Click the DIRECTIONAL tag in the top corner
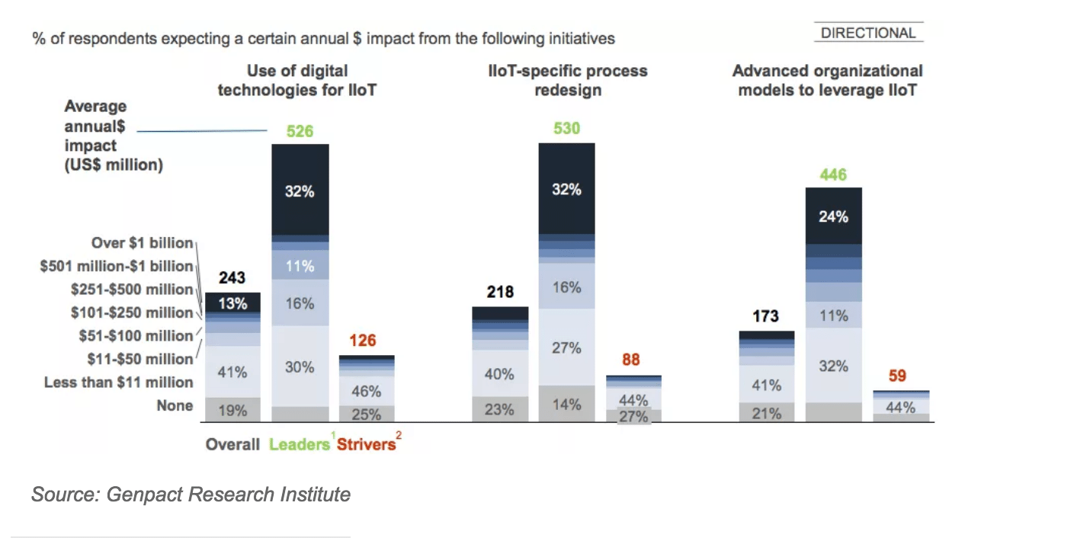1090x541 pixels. point(868,33)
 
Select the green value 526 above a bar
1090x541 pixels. point(300,131)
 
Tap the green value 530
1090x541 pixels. point(566,129)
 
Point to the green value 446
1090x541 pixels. point(833,175)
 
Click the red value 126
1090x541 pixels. point(363,341)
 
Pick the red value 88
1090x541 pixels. point(630,360)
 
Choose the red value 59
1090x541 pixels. point(897,376)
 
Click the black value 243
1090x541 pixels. point(232,279)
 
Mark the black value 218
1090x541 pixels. point(499,292)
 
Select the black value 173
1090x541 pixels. point(765,315)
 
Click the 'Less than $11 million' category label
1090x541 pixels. point(119,383)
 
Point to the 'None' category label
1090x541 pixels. point(175,405)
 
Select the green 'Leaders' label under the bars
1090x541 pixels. point(299,444)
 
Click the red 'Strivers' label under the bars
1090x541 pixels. point(366,444)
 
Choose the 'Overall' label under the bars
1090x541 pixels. point(232,444)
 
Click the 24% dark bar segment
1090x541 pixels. point(833,216)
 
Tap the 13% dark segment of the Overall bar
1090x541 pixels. point(232,303)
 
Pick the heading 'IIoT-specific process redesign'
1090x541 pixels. point(567,80)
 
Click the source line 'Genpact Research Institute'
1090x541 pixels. point(191,495)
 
